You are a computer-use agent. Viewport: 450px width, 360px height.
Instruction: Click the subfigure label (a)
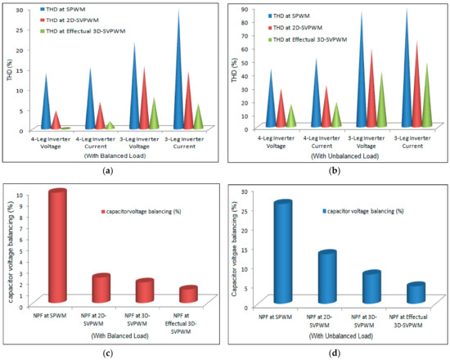(110, 168)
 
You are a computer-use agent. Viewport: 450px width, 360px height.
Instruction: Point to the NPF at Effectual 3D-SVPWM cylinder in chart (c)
(189, 295)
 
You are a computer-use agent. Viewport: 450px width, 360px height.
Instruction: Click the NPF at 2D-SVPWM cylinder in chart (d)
(328, 278)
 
